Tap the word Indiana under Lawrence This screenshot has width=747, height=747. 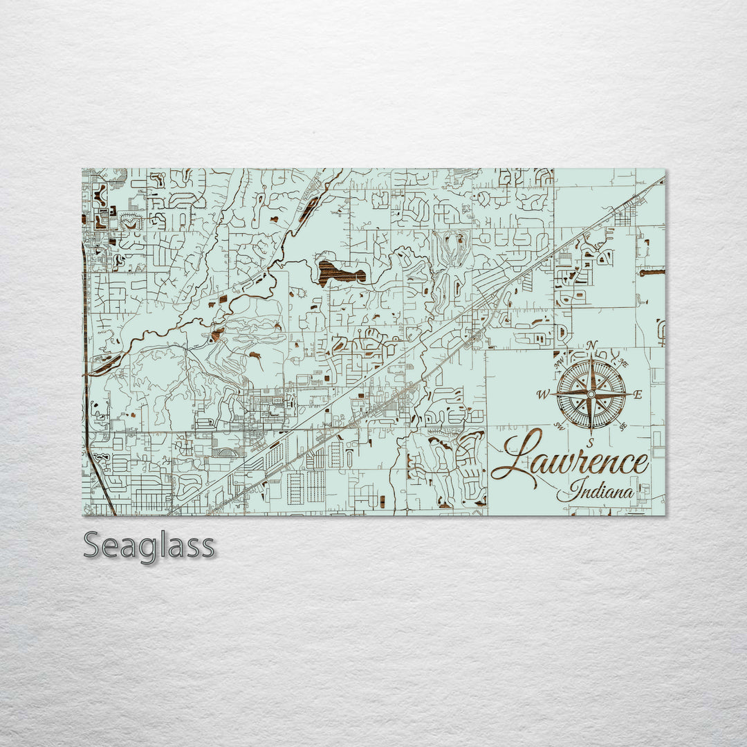(x=600, y=492)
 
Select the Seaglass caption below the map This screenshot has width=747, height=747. (x=149, y=546)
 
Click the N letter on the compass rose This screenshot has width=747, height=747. (x=591, y=346)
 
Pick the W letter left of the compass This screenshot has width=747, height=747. (x=543, y=395)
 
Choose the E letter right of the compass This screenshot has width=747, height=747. (x=638, y=395)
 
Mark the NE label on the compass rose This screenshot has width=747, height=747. (x=624, y=363)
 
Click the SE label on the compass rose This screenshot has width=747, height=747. (x=622, y=427)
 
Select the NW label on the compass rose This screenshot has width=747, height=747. (x=560, y=362)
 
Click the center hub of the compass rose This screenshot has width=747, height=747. (x=591, y=394)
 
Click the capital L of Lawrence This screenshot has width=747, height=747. (x=515, y=456)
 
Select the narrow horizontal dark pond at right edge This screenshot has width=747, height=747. (x=652, y=273)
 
